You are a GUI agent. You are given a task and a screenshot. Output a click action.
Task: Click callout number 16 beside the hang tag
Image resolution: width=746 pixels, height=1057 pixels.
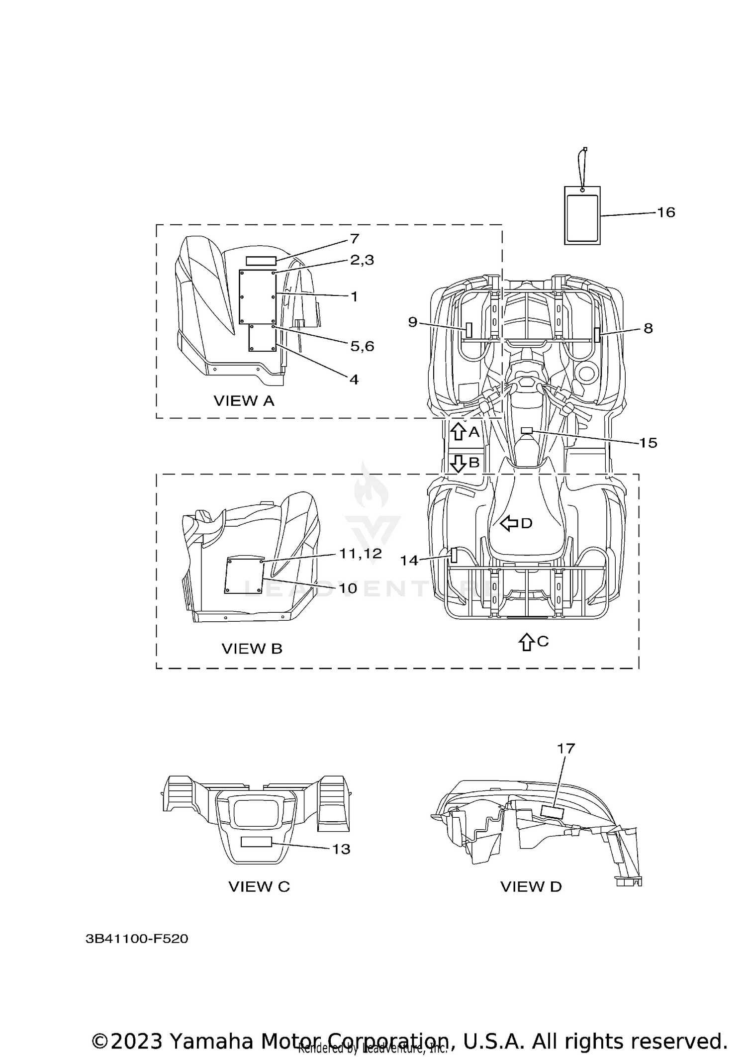[666, 212]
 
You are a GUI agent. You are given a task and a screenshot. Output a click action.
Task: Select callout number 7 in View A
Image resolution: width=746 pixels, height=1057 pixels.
[354, 239]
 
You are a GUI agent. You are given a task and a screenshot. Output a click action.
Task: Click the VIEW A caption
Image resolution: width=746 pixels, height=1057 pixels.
[244, 401]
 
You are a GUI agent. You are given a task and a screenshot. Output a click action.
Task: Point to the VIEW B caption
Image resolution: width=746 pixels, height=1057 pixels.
[252, 649]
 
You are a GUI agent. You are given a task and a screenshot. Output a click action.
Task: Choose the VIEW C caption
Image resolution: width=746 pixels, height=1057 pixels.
[259, 886]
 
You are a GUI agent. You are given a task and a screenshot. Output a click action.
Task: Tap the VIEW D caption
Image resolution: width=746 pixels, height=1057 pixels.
[531, 886]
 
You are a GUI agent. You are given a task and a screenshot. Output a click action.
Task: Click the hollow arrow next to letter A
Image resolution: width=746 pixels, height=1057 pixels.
[458, 431]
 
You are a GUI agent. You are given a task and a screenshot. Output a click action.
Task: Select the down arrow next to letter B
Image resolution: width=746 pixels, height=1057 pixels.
[458, 463]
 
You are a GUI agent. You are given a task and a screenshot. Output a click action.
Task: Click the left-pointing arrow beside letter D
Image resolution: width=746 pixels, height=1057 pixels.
[509, 523]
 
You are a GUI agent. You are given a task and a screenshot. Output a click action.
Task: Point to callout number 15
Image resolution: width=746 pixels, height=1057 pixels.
[648, 443]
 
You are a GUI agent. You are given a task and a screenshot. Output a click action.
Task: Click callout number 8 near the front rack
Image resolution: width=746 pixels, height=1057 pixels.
[648, 328]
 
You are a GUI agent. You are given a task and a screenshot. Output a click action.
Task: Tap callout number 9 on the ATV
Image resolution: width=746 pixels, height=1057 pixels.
[413, 322]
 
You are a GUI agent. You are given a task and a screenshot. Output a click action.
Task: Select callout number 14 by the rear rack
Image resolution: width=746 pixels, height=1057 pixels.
[409, 561]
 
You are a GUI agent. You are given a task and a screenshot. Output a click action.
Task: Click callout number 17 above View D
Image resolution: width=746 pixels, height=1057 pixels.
[566, 762]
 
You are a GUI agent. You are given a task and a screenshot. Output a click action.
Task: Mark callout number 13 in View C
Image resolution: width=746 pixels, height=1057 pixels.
[341, 849]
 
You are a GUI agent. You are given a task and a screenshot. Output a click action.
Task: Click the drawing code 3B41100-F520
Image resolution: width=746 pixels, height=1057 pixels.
[137, 939]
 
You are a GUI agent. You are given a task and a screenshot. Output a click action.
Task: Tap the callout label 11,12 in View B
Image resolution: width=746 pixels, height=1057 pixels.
[361, 554]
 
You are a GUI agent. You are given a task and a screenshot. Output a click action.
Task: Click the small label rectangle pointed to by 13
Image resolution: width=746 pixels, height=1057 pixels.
[256, 842]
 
